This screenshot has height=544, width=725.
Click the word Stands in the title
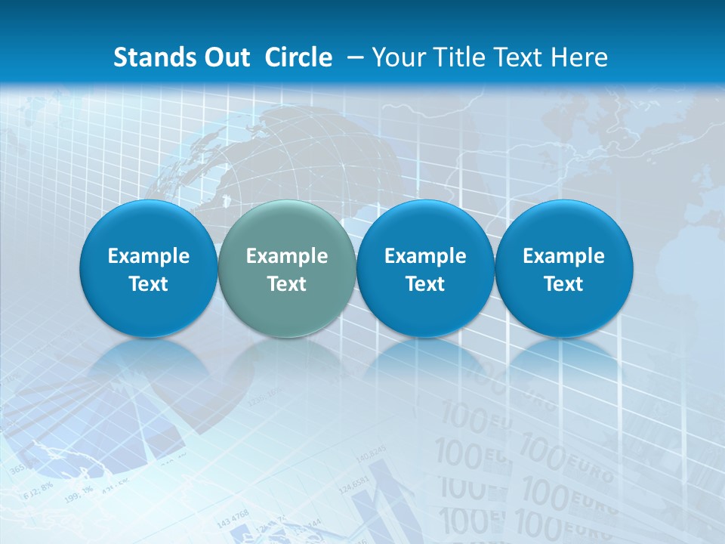pyautogui.click(x=147, y=57)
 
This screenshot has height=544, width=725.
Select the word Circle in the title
pyautogui.click(x=298, y=57)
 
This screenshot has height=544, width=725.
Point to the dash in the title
pyautogui.click(x=354, y=58)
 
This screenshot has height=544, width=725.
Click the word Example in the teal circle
pyautogui.click(x=287, y=257)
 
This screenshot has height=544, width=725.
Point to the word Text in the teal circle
pyautogui.click(x=287, y=284)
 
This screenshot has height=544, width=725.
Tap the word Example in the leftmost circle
pyautogui.click(x=148, y=257)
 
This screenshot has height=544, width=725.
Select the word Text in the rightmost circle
pyautogui.click(x=563, y=284)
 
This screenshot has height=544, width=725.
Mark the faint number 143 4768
pyautogui.click(x=232, y=519)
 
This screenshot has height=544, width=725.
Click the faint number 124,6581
pyautogui.click(x=354, y=484)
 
